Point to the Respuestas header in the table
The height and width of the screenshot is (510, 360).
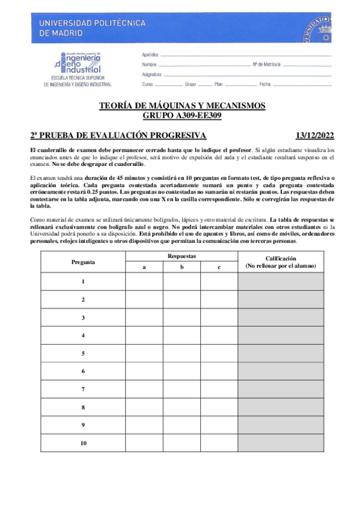[x=181, y=256]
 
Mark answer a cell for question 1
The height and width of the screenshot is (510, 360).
[x=144, y=281]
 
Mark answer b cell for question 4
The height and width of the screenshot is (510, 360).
[x=181, y=335]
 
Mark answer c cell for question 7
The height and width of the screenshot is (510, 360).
[x=219, y=389]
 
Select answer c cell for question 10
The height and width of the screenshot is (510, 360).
[x=219, y=443]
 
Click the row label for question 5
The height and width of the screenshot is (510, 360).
[x=83, y=353]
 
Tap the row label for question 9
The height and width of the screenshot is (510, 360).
[x=83, y=425]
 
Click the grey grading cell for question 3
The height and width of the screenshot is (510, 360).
[x=280, y=317]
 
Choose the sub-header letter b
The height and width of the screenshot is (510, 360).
[x=181, y=267]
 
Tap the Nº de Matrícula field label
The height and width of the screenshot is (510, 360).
[x=266, y=64]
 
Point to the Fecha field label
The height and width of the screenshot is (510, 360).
[x=265, y=84]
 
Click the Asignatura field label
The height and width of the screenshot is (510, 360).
[x=151, y=74]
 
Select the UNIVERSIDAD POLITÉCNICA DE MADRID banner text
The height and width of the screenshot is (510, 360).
[x=91, y=28]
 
